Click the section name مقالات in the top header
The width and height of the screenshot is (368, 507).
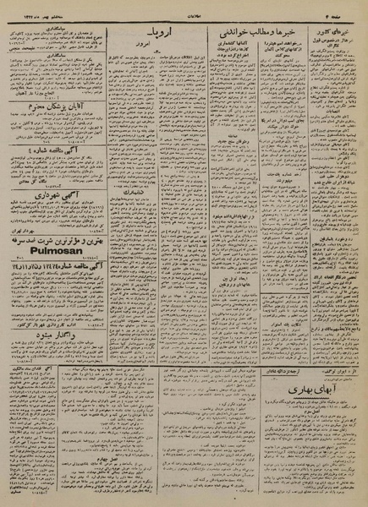pyautogui.click(x=187, y=7)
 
